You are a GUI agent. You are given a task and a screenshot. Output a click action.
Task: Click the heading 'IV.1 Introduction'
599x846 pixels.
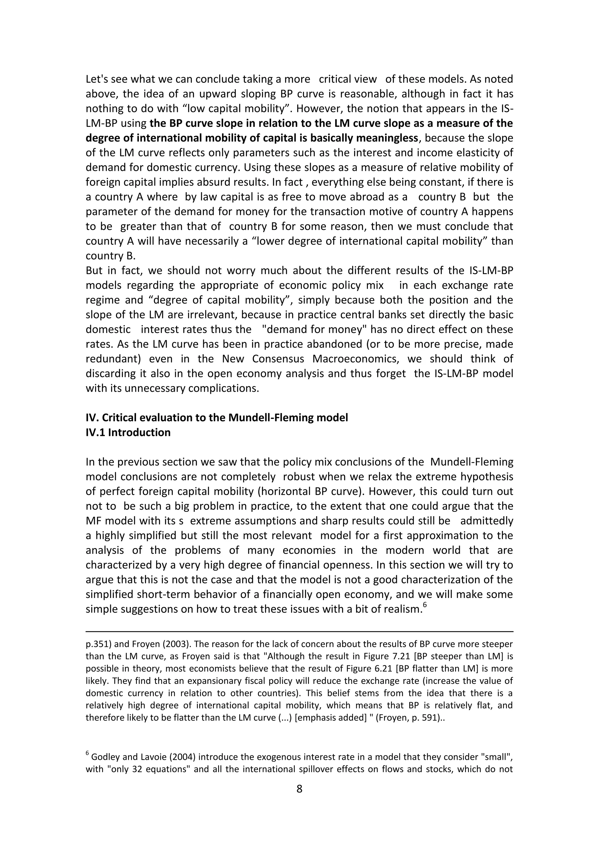tap(128, 432)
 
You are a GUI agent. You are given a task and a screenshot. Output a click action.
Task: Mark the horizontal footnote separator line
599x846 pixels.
tap(299, 632)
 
